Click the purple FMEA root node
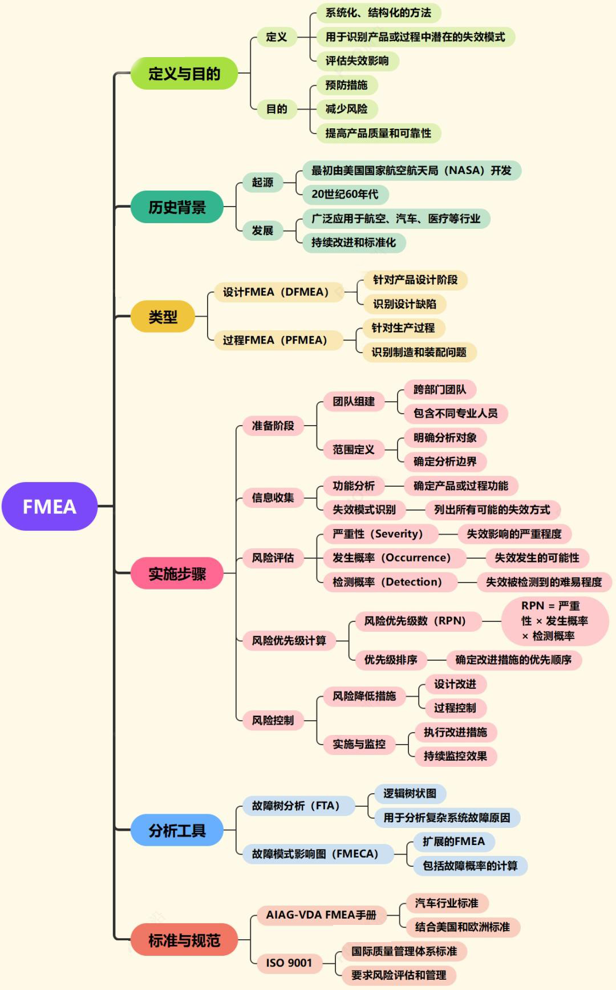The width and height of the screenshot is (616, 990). [x=50, y=507]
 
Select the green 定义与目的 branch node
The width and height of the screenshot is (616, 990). [x=184, y=74]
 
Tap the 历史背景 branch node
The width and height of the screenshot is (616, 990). [x=177, y=207]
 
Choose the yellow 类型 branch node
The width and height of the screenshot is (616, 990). [x=163, y=317]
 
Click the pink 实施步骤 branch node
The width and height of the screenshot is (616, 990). [x=177, y=573]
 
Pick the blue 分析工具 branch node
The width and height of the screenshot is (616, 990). [x=177, y=830]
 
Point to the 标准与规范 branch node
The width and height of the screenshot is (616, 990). [x=184, y=940]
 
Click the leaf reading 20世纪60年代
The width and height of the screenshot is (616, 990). [x=345, y=194]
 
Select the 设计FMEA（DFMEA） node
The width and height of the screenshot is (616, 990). [x=275, y=292]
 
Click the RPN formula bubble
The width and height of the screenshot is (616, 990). [x=554, y=621]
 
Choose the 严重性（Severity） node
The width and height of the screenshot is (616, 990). [x=378, y=534]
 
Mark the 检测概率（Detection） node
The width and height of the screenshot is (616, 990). [x=387, y=582]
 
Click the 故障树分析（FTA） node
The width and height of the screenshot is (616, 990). [x=295, y=806]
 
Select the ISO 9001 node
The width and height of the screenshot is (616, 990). [x=289, y=963]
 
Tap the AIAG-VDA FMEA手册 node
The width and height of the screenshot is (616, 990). [x=321, y=915]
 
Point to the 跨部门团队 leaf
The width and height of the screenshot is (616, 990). [x=440, y=390]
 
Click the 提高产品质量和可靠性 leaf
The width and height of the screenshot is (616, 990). [x=378, y=134]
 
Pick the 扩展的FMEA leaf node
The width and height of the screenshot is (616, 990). [x=453, y=842]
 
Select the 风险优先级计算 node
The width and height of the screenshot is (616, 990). [x=289, y=641]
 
